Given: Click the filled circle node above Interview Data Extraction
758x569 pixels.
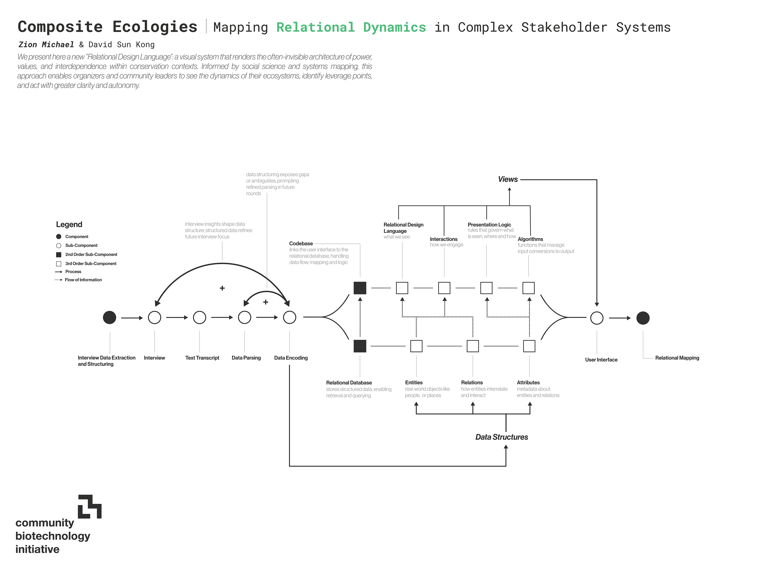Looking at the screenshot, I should [x=110, y=318].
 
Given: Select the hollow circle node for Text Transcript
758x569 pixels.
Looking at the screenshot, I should [x=199, y=318].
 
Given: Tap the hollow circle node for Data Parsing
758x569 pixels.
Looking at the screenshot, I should [x=245, y=318].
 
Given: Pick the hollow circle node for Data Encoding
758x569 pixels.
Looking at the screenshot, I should [x=290, y=318].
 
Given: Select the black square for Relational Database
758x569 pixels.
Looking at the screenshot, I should [x=360, y=346].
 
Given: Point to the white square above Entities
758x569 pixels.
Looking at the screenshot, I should [x=416, y=346].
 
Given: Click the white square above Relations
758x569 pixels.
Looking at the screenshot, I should [x=473, y=346].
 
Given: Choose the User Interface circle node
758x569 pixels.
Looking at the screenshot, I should [x=597, y=318].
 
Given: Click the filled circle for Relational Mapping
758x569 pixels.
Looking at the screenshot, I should [x=643, y=318].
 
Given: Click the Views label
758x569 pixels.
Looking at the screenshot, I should [x=508, y=179].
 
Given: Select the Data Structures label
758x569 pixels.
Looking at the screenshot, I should [x=502, y=437].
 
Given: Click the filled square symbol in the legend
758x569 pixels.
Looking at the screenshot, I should [x=59, y=254].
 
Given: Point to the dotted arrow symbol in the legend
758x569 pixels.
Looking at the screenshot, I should [x=58, y=280].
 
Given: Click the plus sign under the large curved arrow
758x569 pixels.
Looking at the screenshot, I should [x=222, y=288].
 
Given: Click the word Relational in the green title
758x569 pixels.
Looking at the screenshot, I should [x=316, y=27].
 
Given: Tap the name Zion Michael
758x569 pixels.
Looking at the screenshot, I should [x=46, y=45].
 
